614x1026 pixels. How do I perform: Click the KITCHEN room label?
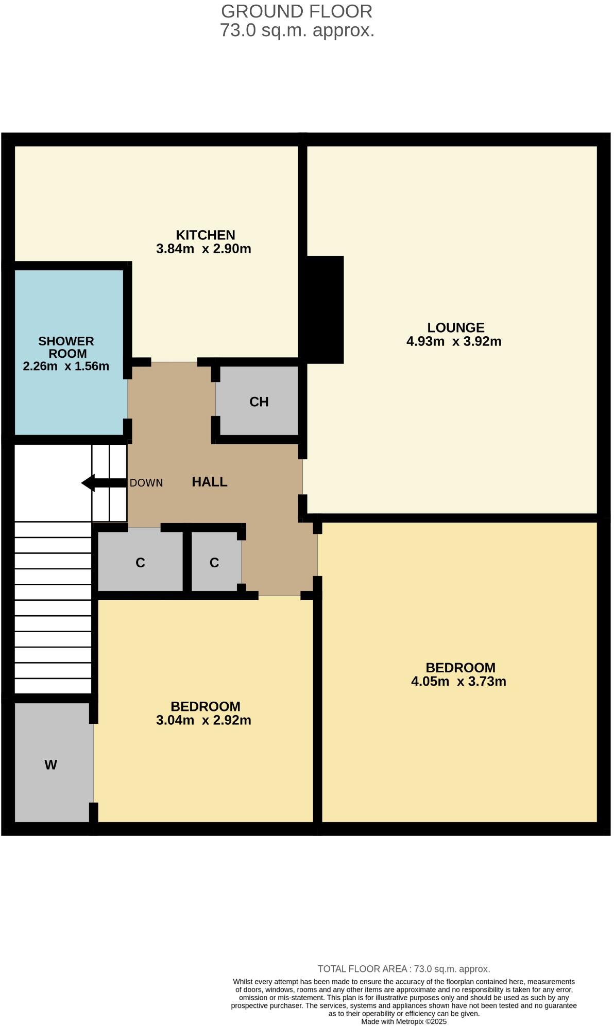pyautogui.click(x=206, y=235)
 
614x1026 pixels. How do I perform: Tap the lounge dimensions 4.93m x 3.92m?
pyautogui.click(x=454, y=342)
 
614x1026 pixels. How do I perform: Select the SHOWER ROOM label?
pyautogui.click(x=66, y=347)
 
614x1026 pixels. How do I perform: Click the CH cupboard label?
pyautogui.click(x=259, y=402)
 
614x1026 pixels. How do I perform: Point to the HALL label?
pyautogui.click(x=210, y=482)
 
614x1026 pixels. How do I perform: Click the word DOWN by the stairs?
pyautogui.click(x=146, y=483)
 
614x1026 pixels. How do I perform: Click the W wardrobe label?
pyautogui.click(x=50, y=765)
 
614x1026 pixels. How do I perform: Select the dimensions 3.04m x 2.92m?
pyautogui.click(x=203, y=720)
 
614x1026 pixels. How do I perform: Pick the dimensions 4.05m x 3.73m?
pyautogui.click(x=458, y=682)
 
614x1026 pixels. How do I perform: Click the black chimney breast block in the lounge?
pyautogui.click(x=325, y=309)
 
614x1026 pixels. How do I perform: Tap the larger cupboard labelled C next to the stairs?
pyautogui.click(x=140, y=563)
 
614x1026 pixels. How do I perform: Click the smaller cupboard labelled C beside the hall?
pyautogui.click(x=214, y=563)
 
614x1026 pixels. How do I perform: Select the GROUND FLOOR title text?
pyautogui.click(x=297, y=11)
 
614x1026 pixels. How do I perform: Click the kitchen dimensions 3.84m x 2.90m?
pyautogui.click(x=203, y=249)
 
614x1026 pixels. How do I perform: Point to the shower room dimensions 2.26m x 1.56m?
pyautogui.click(x=66, y=367)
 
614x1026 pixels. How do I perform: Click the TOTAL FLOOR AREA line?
pyautogui.click(x=404, y=969)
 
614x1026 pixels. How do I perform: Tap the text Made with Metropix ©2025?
pyautogui.click(x=404, y=1021)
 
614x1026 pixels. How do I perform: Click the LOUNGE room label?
pyautogui.click(x=456, y=328)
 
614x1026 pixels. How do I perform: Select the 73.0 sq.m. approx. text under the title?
pyautogui.click(x=297, y=30)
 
